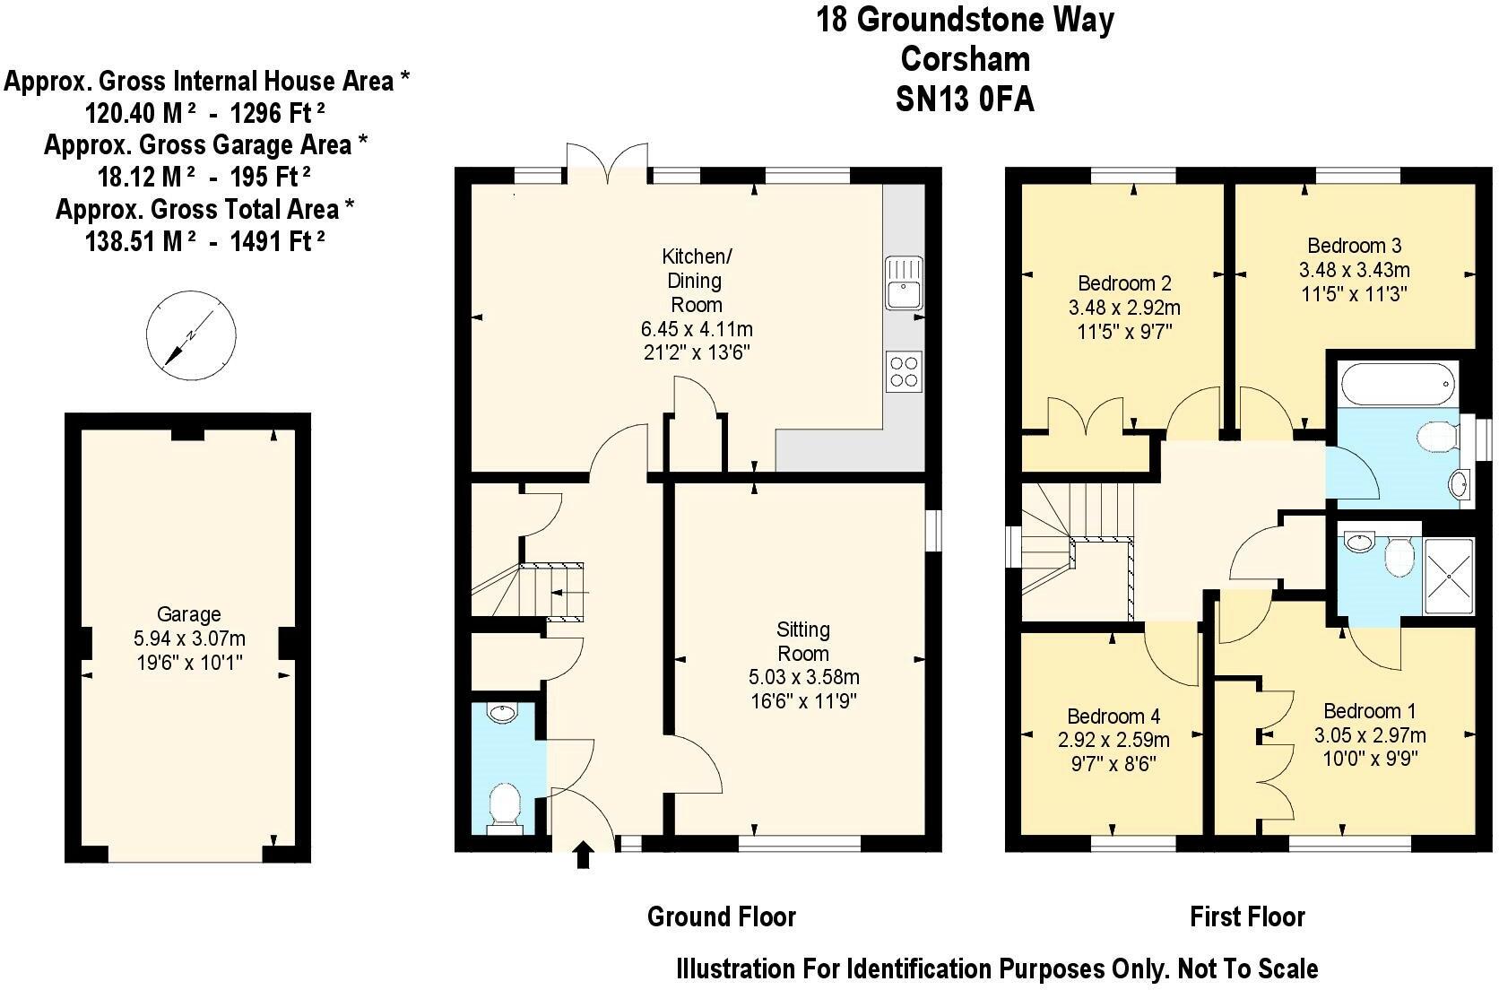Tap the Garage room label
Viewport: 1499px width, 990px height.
tap(188, 614)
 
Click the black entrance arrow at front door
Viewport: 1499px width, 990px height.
tap(583, 854)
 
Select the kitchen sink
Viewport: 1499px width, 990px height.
tap(904, 282)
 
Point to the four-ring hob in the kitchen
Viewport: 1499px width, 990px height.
tap(904, 371)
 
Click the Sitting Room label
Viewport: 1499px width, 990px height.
tap(802, 641)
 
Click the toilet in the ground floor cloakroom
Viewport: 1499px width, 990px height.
tap(504, 809)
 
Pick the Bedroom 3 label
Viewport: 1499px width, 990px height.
tap(1354, 246)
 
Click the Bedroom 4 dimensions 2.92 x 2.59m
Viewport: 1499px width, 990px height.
tap(1113, 741)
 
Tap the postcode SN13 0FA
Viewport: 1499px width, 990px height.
tap(965, 100)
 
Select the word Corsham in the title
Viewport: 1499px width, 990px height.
tap(965, 59)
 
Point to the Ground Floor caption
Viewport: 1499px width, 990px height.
tap(721, 916)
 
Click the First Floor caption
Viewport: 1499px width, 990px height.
tap(1246, 916)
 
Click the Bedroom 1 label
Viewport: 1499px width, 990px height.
tap(1369, 711)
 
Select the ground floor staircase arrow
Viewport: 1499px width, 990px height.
tap(567, 593)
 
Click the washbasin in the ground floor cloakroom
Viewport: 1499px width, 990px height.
tap(503, 714)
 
